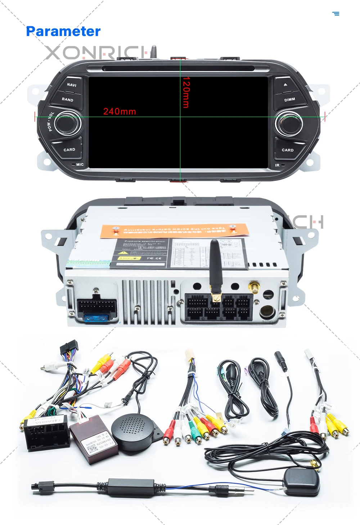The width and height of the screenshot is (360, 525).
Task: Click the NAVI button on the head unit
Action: click(71, 85)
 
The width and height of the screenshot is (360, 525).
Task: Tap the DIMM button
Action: click(289, 99)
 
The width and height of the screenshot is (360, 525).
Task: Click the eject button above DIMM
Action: click(285, 85)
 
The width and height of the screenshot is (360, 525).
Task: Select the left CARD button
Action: click(69, 149)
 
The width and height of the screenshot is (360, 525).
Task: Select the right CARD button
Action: click(287, 150)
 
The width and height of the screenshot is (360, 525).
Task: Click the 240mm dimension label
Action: click(120, 112)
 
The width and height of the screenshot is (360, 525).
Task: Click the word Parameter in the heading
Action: click(63, 31)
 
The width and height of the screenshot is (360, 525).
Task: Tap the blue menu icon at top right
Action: click(336, 14)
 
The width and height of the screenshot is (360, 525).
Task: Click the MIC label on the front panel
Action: click(80, 165)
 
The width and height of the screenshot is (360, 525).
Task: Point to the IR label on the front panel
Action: click(277, 165)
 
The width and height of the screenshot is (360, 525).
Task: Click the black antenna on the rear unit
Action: click(216, 266)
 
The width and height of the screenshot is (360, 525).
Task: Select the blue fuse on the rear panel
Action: click(96, 318)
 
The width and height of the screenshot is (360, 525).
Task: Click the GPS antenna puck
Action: click(301, 481)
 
